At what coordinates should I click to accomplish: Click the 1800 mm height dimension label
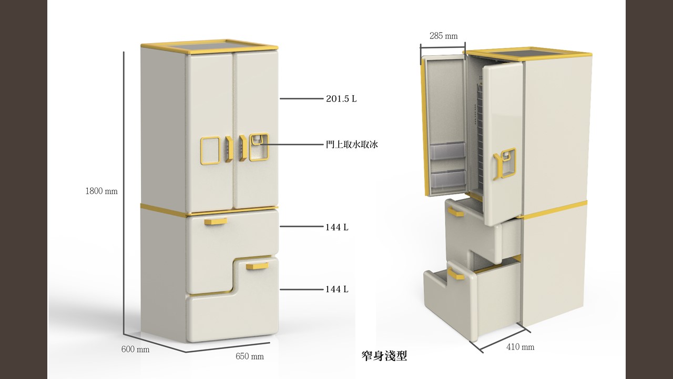pyautogui.click(x=101, y=191)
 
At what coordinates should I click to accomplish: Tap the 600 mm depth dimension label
pyautogui.click(x=135, y=350)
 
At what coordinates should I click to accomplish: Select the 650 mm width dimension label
pyautogui.click(x=250, y=356)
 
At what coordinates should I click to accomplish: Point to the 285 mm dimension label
pyautogui.click(x=443, y=36)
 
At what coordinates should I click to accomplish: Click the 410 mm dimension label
pyautogui.click(x=520, y=347)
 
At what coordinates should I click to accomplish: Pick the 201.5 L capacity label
pyautogui.click(x=341, y=98)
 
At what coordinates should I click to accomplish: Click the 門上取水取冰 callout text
pyautogui.click(x=352, y=144)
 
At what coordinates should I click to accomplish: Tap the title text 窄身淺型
pyautogui.click(x=384, y=356)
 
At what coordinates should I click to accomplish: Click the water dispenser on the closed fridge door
pyautogui.click(x=258, y=147)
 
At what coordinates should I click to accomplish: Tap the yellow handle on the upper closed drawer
pyautogui.click(x=216, y=222)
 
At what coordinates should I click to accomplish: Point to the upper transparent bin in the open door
pyautogui.click(x=447, y=152)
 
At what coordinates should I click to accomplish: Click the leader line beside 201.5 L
pyautogui.click(x=300, y=98)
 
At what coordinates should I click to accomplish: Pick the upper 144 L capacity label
pyautogui.click(x=336, y=227)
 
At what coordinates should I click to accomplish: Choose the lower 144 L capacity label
pyautogui.click(x=336, y=289)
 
